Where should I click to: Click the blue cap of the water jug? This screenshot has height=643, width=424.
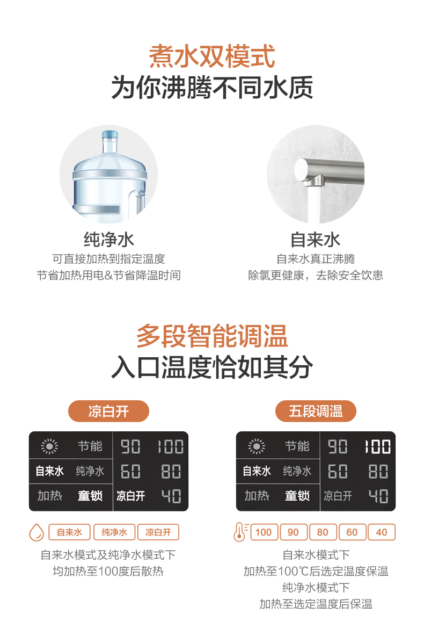[110, 135]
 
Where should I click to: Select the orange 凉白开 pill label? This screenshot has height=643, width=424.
[108, 411]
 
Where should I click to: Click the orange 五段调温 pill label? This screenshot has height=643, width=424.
[316, 411]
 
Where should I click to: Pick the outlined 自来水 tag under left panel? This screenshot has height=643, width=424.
[70, 532]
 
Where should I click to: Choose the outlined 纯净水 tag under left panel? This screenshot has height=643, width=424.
[114, 532]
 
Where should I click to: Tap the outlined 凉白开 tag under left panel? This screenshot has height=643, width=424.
[158, 532]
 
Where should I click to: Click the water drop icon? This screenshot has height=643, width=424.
[36, 532]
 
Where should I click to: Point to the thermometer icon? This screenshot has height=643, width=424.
[240, 532]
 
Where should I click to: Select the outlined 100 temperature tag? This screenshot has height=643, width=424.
[264, 532]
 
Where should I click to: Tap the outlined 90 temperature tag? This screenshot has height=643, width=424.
[294, 532]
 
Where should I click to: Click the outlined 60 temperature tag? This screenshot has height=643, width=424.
[352, 532]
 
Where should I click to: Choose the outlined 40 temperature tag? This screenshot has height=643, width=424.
[382, 532]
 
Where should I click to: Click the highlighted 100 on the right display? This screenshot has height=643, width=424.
[378, 446]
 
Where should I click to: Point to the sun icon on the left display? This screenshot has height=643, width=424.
[49, 446]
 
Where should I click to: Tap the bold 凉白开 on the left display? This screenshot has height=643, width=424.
[130, 496]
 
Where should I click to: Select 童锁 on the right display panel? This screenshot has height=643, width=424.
[297, 496]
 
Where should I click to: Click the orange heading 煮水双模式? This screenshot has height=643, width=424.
[212, 56]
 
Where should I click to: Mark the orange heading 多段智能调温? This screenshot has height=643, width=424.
[212, 336]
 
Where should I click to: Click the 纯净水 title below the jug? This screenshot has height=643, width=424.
[108, 240]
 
